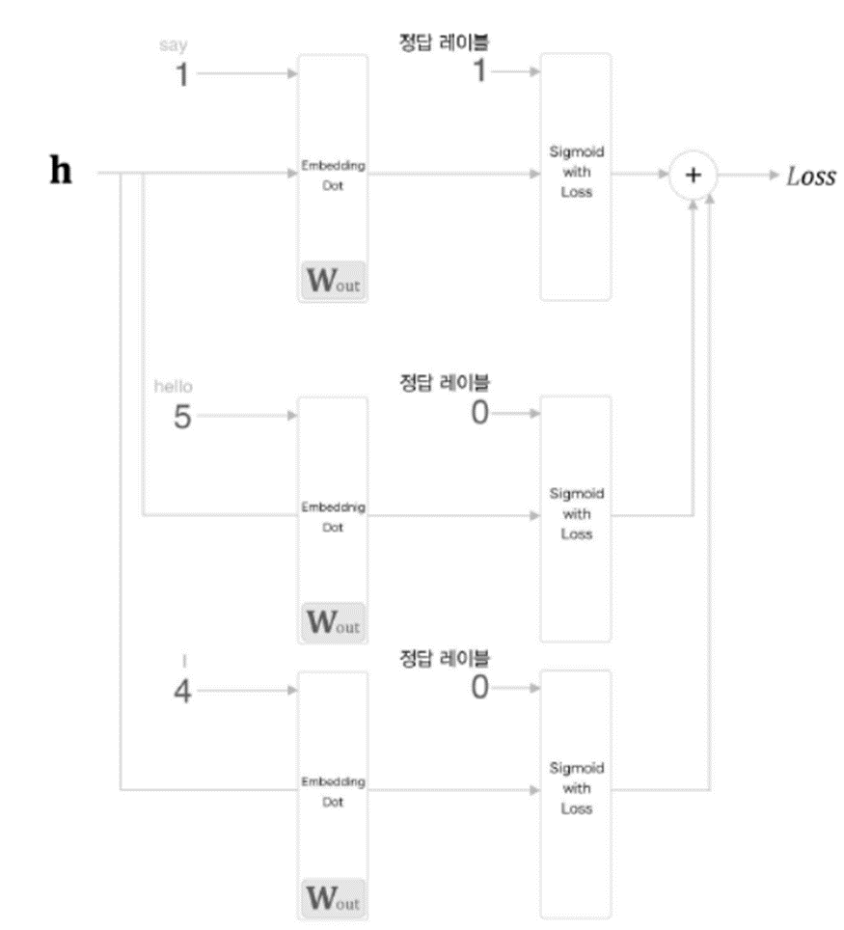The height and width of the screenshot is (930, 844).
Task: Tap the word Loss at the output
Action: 809,177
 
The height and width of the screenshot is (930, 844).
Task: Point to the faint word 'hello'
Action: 174,388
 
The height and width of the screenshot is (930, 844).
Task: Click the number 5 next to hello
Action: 181,418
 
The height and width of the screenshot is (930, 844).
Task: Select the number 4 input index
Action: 181,691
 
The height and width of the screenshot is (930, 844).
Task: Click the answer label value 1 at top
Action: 479,72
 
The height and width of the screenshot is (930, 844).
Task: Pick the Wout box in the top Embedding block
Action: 333,282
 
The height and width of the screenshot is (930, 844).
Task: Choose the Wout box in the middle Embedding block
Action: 333,622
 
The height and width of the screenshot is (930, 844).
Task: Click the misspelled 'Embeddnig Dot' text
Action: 333,517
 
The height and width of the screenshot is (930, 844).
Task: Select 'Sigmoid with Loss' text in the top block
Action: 576,175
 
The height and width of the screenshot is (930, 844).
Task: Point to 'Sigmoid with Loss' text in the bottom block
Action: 576,788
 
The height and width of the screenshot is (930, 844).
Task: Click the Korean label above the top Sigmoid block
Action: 445,43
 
